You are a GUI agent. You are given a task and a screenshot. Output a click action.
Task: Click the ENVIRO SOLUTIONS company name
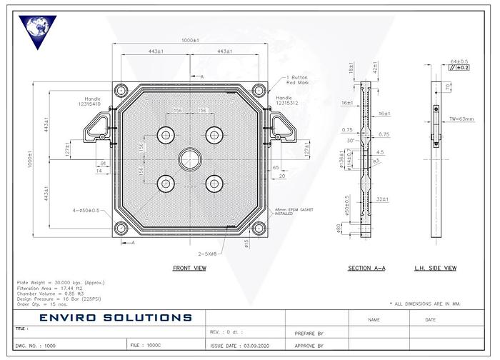pos(116,317)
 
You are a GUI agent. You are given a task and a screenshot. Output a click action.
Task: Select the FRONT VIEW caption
pos(190,268)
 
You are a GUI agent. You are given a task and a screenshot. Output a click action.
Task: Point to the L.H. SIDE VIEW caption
pos(436,268)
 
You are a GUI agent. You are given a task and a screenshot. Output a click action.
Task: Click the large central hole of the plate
pos(190,158)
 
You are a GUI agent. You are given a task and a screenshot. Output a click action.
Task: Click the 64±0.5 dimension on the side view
pos(459,61)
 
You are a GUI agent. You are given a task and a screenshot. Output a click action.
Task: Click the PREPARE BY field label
pos(309,334)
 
